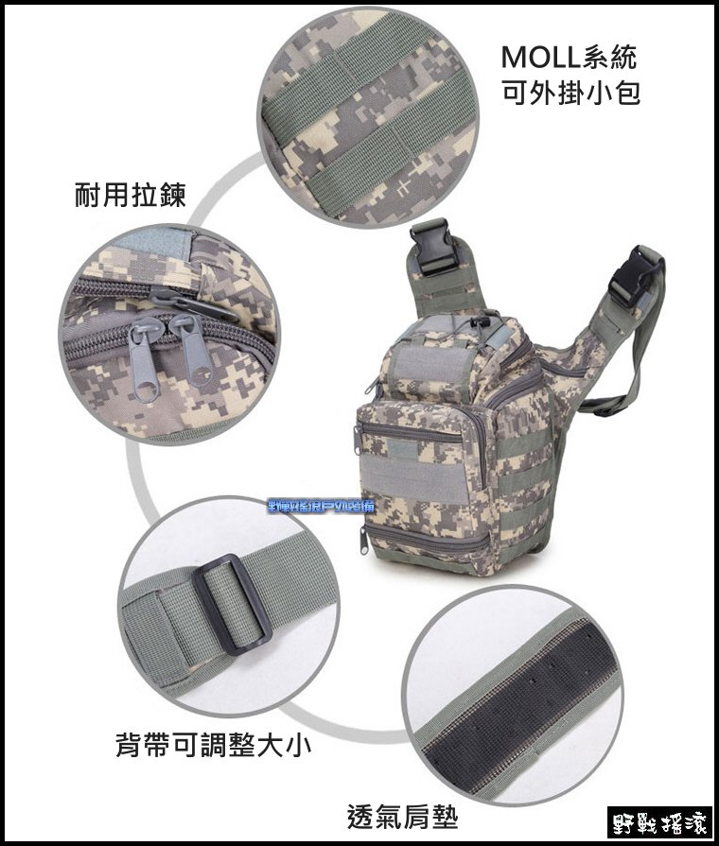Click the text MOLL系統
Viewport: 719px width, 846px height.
[x=569, y=57]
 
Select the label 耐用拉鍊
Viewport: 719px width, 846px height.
[x=130, y=196]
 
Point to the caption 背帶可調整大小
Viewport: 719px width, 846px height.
[x=213, y=746]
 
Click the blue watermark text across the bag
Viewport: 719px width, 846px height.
[x=322, y=508]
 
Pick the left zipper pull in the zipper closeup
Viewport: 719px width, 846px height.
[x=145, y=359]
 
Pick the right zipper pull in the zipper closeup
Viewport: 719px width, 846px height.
[x=192, y=350]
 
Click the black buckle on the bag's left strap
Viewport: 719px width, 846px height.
[x=434, y=248]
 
